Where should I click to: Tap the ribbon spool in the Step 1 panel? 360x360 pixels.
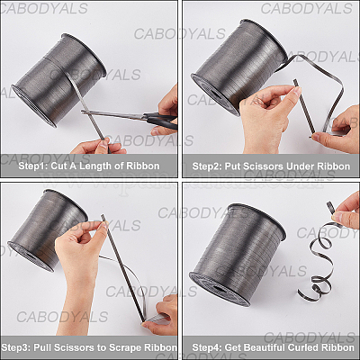[59, 80]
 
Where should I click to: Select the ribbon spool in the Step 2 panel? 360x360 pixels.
[239, 67]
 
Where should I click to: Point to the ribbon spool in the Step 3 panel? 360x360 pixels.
[48, 230]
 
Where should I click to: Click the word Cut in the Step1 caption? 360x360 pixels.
[58, 166]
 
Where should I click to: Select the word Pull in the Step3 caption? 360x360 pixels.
[43, 347]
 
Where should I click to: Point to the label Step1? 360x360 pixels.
[33, 166]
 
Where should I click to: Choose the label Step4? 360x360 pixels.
[207, 347]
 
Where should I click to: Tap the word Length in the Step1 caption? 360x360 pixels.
[97, 166]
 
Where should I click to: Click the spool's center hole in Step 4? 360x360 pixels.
[219, 289]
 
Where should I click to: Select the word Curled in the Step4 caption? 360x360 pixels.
[303, 347]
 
